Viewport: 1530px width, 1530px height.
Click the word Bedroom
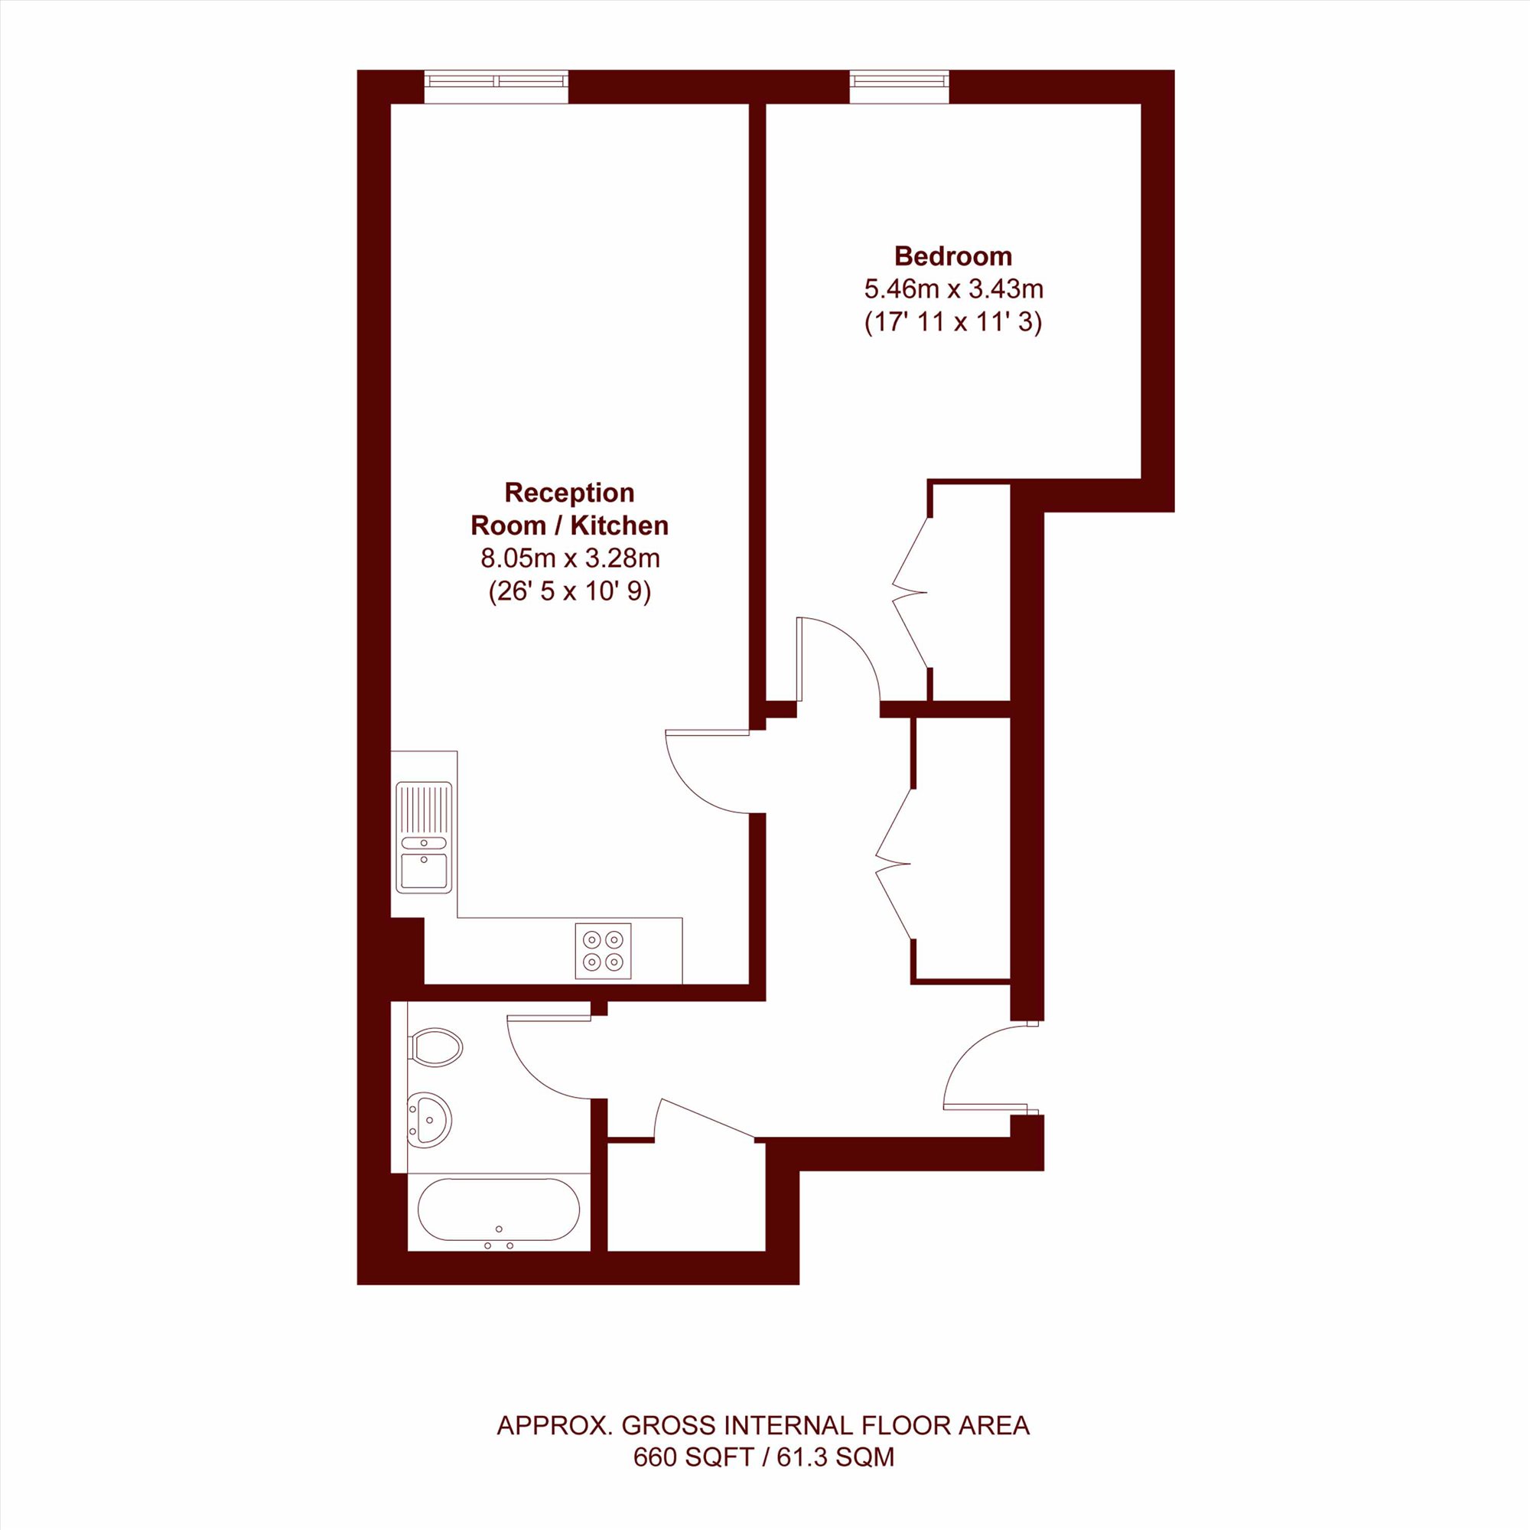(952, 256)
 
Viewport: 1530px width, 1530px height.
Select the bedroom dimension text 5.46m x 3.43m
(953, 289)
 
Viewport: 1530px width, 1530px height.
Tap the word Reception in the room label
(569, 493)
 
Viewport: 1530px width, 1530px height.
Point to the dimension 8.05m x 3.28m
(570, 558)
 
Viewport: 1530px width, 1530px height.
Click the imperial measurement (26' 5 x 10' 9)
(570, 591)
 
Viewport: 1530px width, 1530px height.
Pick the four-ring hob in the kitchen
(604, 951)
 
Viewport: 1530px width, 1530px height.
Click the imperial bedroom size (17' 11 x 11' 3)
(953, 322)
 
